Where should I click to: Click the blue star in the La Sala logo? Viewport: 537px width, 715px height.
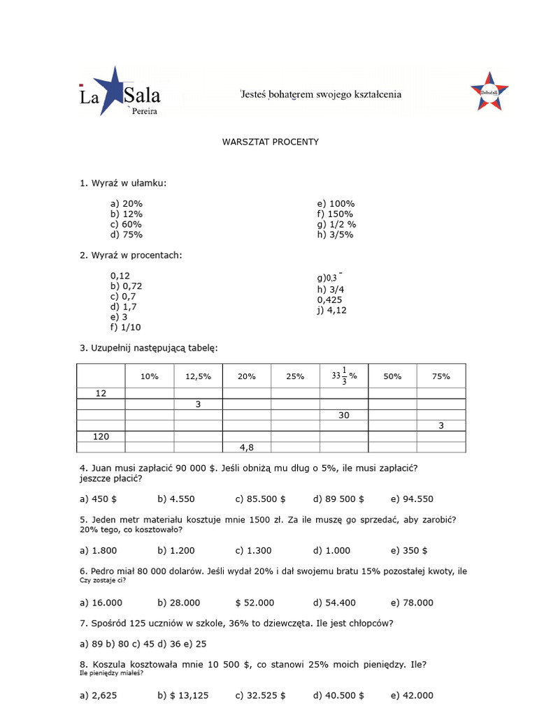113,89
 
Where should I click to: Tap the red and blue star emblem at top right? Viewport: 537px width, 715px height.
489,91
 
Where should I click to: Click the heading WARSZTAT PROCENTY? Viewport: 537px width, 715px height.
271,142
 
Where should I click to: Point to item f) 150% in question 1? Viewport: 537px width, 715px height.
335,214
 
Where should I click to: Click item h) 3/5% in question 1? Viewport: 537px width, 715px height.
335,235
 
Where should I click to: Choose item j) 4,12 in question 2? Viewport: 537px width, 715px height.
331,310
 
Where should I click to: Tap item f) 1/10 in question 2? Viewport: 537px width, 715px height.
126,327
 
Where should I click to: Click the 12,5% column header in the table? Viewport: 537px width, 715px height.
198,376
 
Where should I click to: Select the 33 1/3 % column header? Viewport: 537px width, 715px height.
344,376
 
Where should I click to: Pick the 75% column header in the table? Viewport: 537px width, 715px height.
441,376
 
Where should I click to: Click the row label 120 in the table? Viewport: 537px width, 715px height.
101,436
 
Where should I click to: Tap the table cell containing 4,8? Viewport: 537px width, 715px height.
246,448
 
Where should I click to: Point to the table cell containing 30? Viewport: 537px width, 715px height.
344,415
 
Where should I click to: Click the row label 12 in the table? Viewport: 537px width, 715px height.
101,394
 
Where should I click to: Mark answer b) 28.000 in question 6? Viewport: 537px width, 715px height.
179,603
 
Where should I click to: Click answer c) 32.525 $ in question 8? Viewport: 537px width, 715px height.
261,695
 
